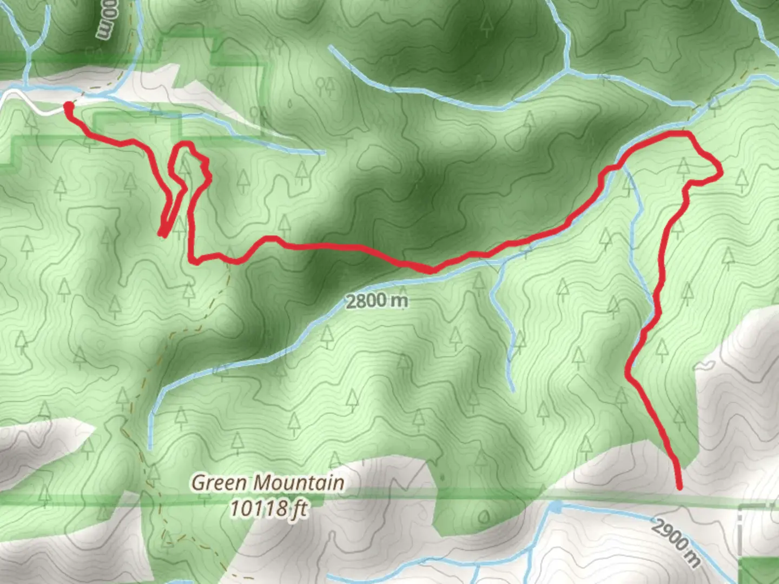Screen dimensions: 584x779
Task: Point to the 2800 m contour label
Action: pos(377,301)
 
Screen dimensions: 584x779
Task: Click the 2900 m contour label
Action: pos(676,541)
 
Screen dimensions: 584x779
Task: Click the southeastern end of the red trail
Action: pos(679,487)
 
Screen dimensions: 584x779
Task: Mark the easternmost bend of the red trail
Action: pos(720,172)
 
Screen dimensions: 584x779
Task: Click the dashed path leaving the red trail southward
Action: pos(227,276)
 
